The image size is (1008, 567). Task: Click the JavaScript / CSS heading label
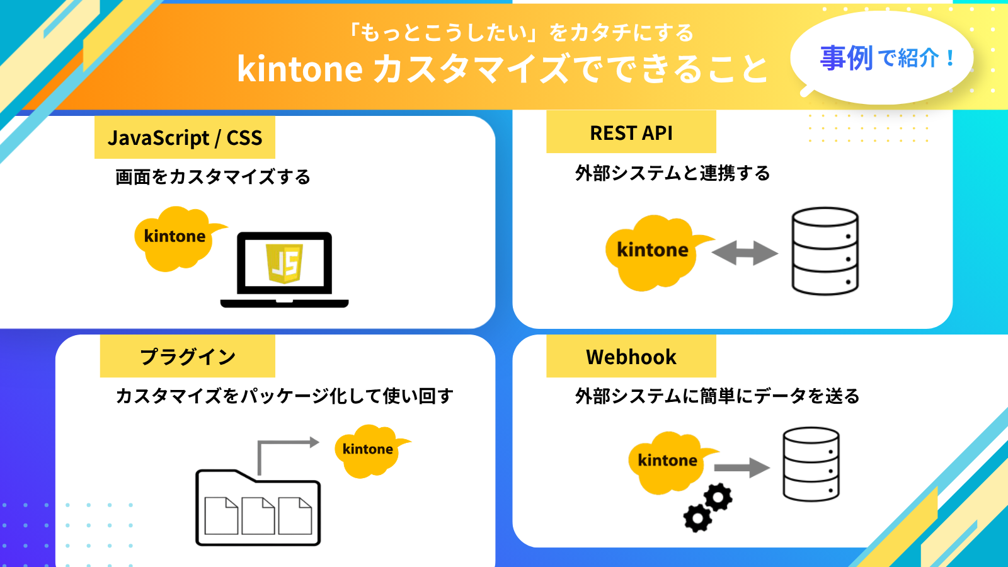[185, 137]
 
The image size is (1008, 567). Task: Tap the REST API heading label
[631, 132]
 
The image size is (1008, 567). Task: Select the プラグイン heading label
[187, 357]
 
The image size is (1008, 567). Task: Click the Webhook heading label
[631, 357]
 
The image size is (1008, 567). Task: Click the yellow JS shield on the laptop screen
[284, 263]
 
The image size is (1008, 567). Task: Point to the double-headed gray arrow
[745, 253]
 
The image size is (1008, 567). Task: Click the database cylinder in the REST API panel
[825, 251]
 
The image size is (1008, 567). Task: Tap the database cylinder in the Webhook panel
[811, 464]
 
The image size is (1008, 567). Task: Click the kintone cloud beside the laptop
[175, 238]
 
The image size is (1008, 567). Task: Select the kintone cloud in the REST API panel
[652, 251]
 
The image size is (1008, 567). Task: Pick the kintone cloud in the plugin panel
[367, 450]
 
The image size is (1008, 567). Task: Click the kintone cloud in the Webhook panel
[667, 461]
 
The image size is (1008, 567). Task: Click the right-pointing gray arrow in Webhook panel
[742, 467]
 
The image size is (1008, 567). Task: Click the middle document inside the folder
[258, 516]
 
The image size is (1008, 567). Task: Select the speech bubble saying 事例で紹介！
[882, 58]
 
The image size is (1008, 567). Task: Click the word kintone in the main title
[299, 69]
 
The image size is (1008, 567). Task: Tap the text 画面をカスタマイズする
[212, 177]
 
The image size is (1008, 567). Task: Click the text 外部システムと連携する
[672, 173]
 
